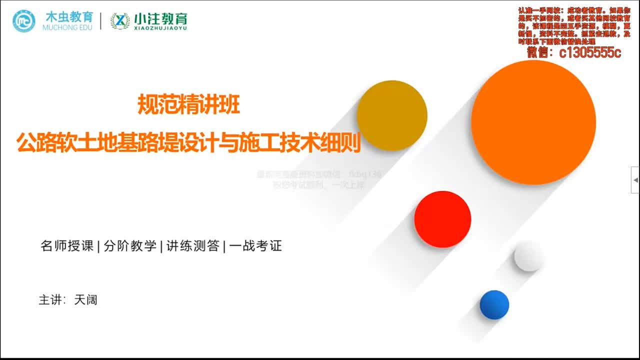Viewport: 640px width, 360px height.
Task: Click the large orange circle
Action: click(x=533, y=122)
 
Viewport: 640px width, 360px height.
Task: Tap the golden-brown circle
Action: click(x=392, y=115)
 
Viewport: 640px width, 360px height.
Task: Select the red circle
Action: click(x=442, y=219)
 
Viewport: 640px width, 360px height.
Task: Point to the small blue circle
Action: click(x=494, y=304)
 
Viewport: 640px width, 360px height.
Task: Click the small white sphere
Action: click(x=528, y=256)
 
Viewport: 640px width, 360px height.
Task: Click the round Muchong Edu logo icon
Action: click(x=24, y=20)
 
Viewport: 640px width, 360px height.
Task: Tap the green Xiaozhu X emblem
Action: click(x=120, y=21)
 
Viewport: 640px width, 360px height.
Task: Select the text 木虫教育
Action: click(x=69, y=16)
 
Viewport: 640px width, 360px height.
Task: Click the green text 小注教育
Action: click(x=160, y=18)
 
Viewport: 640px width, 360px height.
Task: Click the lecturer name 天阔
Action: click(x=85, y=300)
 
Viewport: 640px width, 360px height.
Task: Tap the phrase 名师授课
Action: click(x=67, y=246)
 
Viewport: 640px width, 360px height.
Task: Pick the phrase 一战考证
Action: click(x=255, y=246)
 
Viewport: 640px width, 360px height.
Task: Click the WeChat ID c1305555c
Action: click(x=589, y=52)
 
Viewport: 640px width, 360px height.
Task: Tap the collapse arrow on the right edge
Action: click(x=635, y=179)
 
